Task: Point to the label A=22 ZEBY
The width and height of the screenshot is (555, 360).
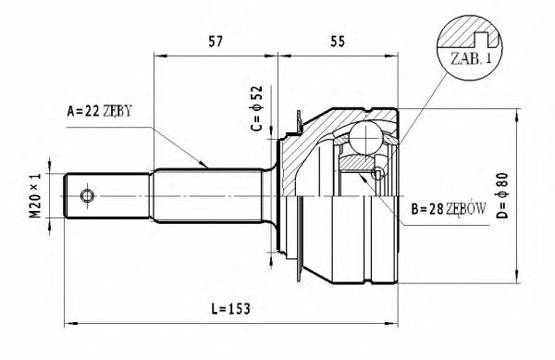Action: point(99,111)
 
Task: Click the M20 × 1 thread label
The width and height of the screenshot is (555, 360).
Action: point(34,200)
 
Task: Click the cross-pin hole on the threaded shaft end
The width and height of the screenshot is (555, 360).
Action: point(87,196)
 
